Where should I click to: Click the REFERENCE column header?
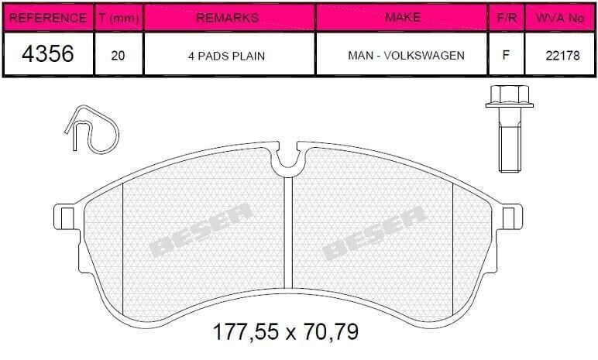pos(48,18)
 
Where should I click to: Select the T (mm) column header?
pos(119,18)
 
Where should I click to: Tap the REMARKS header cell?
pos(227,18)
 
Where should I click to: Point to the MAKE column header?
pos(403,17)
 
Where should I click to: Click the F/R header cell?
pos(507,18)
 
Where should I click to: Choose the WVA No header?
pos(560,18)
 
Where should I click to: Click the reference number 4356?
pos(48,53)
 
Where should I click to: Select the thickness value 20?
pos(118,56)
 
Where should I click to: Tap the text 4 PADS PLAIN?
pos(226,56)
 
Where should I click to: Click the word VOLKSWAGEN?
pos(424,56)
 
